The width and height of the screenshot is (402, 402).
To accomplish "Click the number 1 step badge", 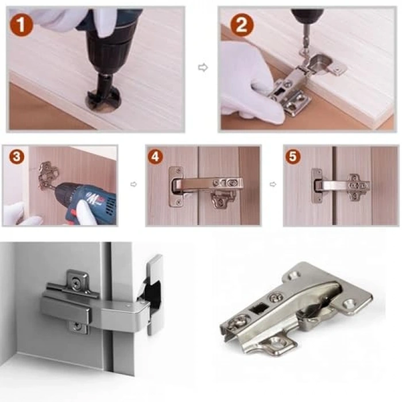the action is click(21, 24).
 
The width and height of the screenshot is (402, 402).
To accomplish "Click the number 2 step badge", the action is click(242, 24).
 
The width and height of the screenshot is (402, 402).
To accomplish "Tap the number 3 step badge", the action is click(17, 156).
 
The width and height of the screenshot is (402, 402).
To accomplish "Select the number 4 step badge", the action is click(156, 156).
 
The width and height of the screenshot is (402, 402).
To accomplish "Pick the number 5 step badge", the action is click(293, 156).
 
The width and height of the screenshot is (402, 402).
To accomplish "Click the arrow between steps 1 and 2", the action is click(203, 68).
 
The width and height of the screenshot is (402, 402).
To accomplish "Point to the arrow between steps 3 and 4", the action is click(134, 184).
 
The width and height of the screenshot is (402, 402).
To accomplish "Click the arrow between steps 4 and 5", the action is click(273, 184).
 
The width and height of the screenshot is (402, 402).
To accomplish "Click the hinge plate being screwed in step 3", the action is click(48, 176).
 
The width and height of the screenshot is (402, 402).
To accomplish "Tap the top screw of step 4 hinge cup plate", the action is click(179, 170).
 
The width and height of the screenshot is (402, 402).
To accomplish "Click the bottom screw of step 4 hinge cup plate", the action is click(179, 203).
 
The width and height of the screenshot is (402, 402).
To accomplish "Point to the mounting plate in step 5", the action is click(357, 187).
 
